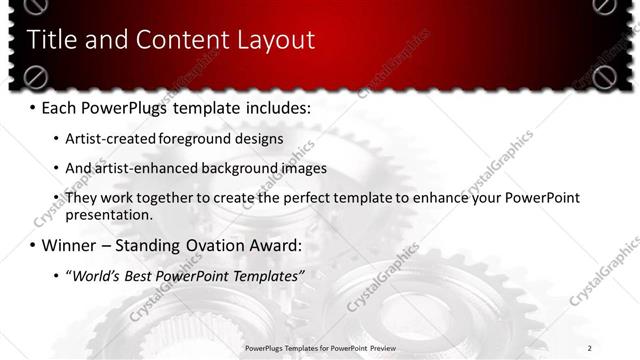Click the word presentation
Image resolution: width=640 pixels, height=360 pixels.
(109, 214)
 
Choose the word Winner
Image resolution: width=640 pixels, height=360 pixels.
(69, 245)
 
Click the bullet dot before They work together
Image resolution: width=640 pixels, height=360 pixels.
(55, 198)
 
